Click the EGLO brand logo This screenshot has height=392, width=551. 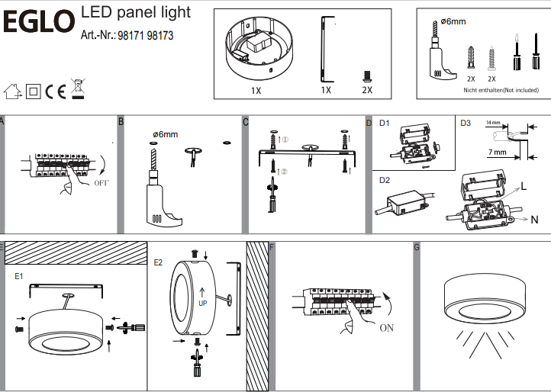coord(39,23)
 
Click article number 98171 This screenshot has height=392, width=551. coord(132,36)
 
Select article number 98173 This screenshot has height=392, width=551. coord(160,36)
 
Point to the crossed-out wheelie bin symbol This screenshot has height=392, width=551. coord(77,89)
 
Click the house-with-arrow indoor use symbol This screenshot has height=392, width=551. coord(12,92)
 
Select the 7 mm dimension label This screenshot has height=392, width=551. coord(498,153)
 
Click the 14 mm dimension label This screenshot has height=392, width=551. coord(495,123)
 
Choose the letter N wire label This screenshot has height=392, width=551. coord(534,220)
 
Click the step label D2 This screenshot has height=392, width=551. coord(385,181)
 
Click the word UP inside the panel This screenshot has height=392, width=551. coord(202,303)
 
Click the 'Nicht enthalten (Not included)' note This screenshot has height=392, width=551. coord(501,90)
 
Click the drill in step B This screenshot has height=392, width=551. coord(161,194)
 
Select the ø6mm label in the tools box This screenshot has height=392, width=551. coord(453,22)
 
